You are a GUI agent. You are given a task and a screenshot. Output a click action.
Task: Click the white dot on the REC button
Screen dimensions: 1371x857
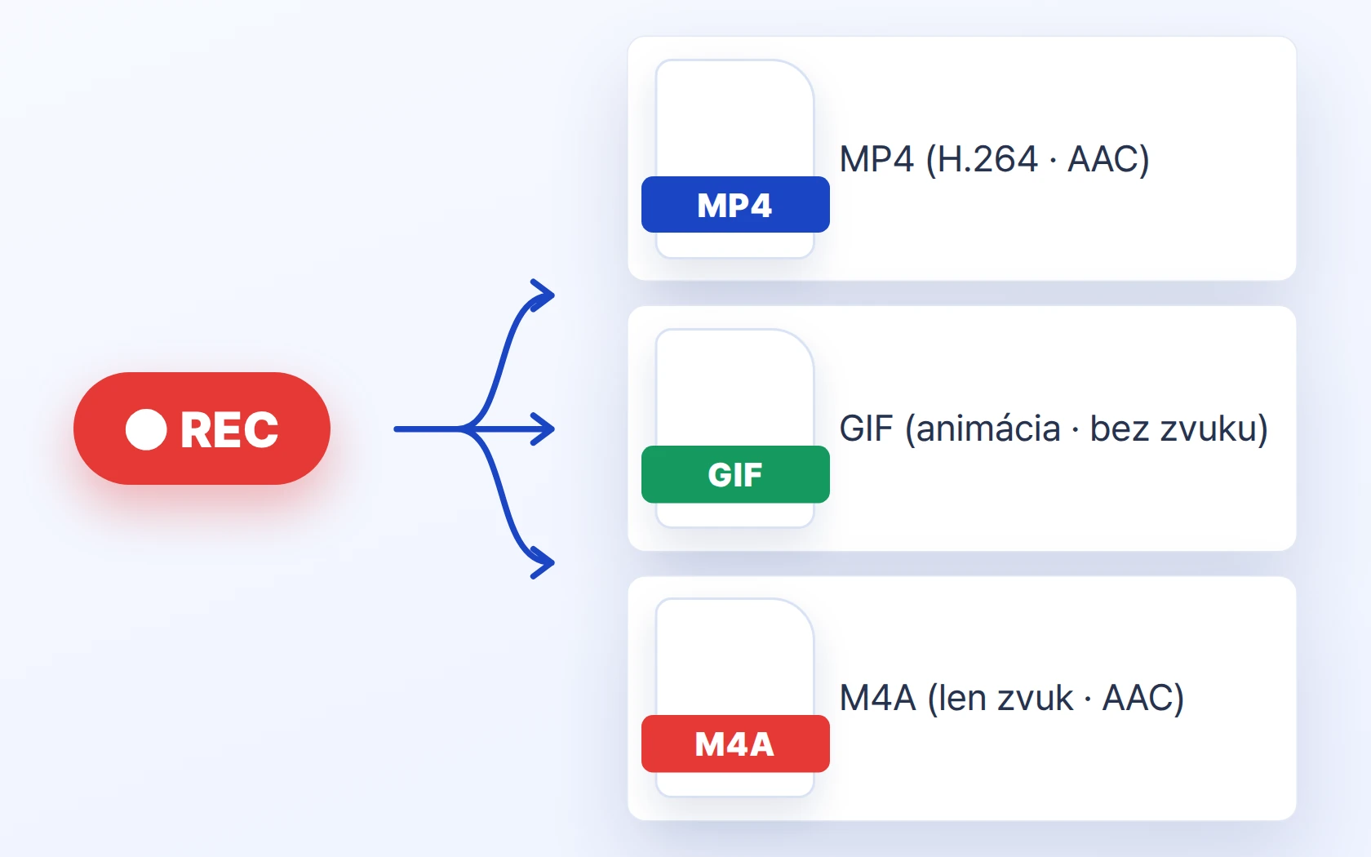point(146,429)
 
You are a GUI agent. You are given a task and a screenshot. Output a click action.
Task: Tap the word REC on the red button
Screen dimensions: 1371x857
point(229,429)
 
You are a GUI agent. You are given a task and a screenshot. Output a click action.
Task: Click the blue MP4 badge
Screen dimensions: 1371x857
point(735,204)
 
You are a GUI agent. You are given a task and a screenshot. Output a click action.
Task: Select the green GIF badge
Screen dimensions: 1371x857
point(735,474)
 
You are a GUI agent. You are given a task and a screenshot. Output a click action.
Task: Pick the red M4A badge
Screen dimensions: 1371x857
point(735,744)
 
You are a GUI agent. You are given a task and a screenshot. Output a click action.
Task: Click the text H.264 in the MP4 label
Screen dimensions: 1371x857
point(987,159)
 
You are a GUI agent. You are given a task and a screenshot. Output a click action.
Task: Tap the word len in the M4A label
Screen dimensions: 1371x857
point(961,698)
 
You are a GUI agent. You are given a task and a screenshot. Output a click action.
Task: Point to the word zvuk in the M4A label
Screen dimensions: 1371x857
point(1035,698)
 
